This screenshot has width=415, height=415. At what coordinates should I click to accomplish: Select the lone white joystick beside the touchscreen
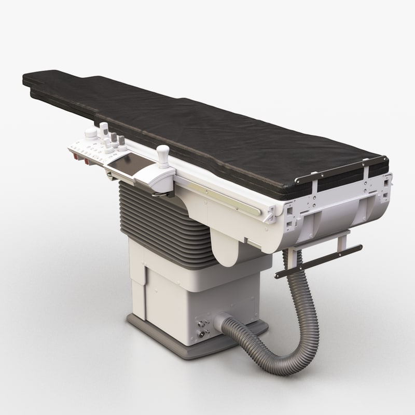163,156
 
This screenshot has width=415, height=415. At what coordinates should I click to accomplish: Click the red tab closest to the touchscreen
87,161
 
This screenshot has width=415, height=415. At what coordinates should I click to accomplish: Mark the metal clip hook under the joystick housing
158,195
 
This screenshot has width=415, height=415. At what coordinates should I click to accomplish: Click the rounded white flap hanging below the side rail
228,249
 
